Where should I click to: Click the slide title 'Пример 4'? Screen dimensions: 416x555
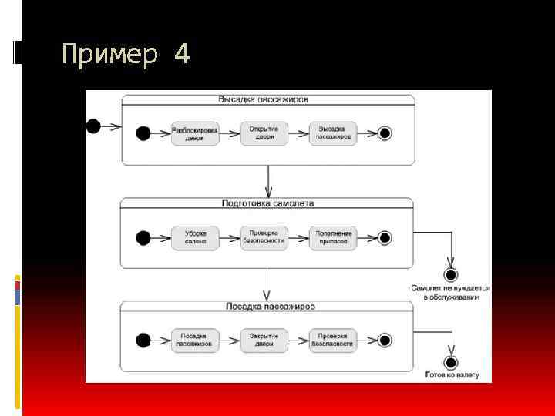(x=126, y=55)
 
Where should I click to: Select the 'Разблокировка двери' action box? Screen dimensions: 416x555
(x=194, y=133)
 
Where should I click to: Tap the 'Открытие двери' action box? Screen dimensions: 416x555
(x=264, y=133)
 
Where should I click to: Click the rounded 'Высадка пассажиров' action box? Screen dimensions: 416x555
(x=333, y=133)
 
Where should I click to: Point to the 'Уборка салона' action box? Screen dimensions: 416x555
(x=194, y=237)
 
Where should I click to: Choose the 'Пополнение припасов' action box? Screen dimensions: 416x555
(x=333, y=237)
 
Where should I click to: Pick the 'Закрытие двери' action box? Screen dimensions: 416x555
(x=264, y=341)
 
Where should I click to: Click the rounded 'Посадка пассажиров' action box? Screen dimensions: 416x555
(x=194, y=341)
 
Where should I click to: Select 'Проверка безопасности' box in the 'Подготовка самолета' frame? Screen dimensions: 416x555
(x=264, y=237)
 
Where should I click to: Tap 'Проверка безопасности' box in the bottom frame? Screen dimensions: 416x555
(x=333, y=341)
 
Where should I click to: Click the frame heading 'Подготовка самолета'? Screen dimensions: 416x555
(x=267, y=203)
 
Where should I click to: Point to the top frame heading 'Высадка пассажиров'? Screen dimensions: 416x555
(x=264, y=99)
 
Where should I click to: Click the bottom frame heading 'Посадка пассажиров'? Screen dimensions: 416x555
(x=270, y=307)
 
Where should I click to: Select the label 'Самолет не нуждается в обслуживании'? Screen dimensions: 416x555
(x=450, y=293)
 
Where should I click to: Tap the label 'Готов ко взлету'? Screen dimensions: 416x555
(x=452, y=375)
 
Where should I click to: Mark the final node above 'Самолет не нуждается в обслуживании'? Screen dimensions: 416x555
(x=452, y=274)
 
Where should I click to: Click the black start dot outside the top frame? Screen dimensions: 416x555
(x=94, y=125)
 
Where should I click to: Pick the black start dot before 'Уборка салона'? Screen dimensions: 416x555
(x=143, y=237)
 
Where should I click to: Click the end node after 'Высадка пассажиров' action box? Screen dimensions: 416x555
(x=385, y=133)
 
